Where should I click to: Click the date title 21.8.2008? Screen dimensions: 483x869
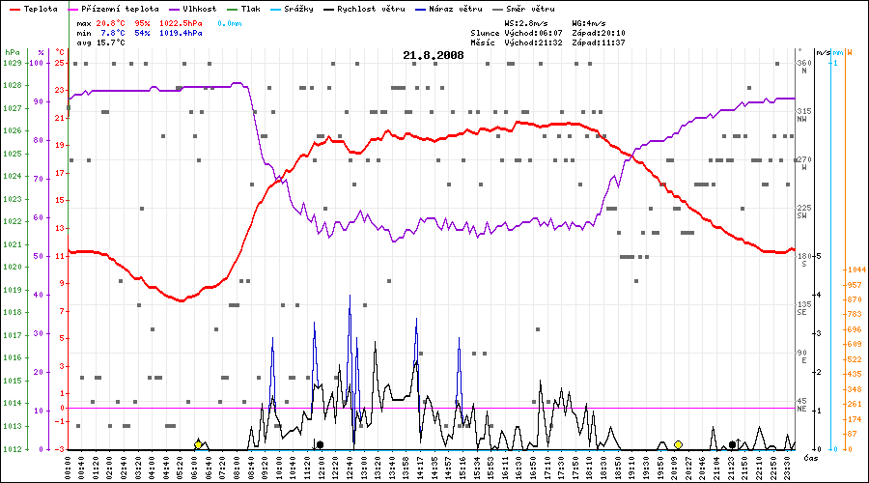[434, 55]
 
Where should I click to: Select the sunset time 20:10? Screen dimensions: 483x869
[612, 33]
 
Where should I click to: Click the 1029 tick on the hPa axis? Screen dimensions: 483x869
[12, 63]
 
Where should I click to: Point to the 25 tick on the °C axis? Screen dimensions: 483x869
[60, 63]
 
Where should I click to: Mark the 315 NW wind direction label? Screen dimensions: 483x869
[803, 115]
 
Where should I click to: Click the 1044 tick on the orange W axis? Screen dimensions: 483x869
[855, 270]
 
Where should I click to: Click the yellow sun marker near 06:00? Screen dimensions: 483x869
[198, 444]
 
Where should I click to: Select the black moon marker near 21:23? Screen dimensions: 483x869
[732, 444]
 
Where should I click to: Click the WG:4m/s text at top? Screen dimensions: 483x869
[589, 21]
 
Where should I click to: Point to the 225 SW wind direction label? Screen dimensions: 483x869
[803, 212]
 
